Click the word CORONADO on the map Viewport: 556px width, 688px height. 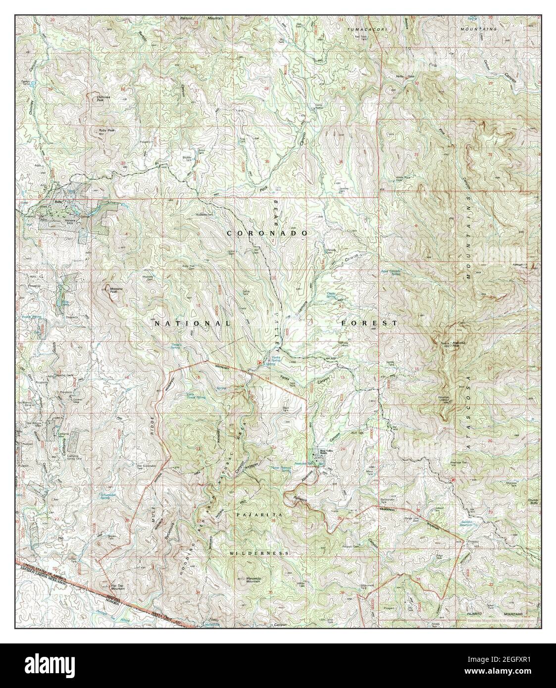[x=267, y=233]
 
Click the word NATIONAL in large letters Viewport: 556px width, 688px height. [x=192, y=323]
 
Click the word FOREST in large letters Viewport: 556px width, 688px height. [x=369, y=323]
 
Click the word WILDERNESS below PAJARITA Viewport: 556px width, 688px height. [x=259, y=552]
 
